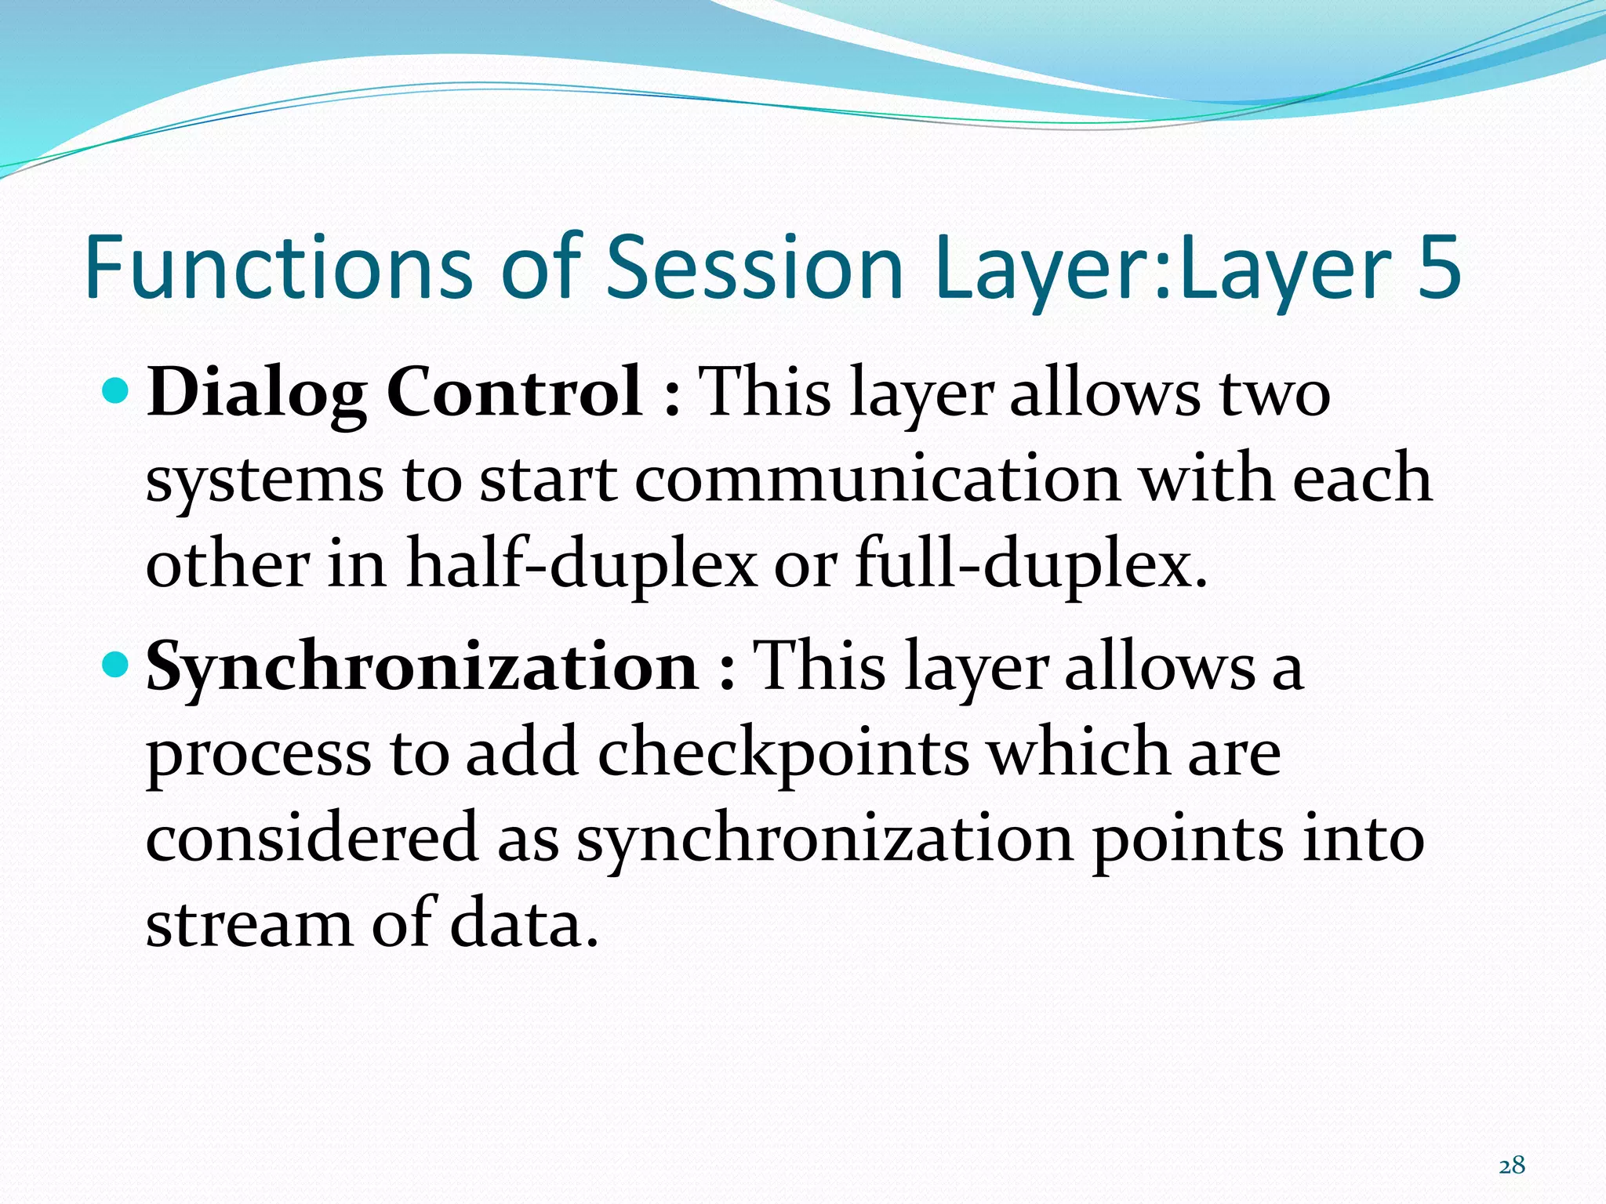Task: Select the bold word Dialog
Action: pyautogui.click(x=256, y=393)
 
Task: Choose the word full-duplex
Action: pyautogui.click(x=1029, y=564)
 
